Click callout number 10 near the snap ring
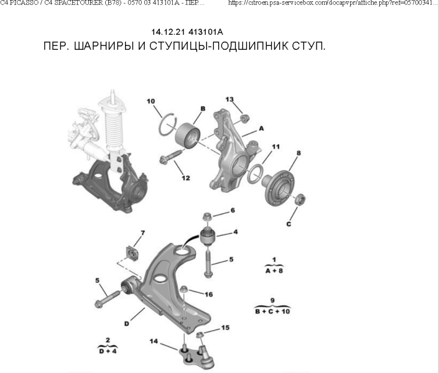[150, 101]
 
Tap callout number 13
[229, 99]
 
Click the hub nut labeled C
[300, 200]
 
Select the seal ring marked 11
[254, 175]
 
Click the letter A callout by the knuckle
[261, 127]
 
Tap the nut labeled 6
[208, 216]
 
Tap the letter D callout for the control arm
[126, 323]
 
